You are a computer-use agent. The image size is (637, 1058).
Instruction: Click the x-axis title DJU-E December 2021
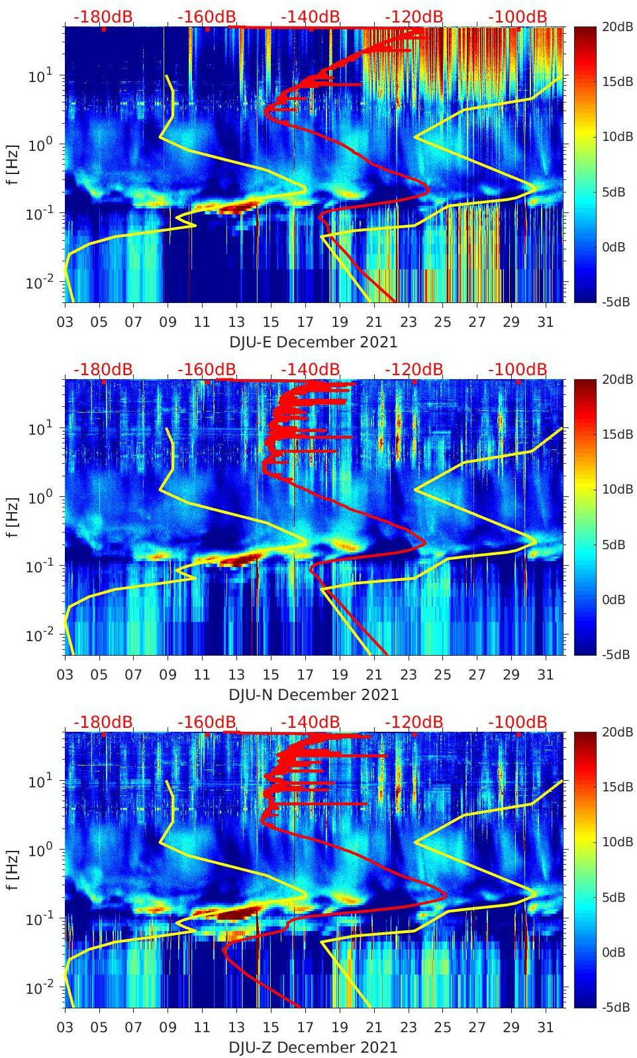(313, 342)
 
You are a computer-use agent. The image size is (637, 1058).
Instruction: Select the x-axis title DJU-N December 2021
(313, 695)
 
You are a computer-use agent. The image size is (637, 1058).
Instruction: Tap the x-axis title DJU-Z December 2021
(313, 1047)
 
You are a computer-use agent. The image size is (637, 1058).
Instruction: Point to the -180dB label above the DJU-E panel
(103, 17)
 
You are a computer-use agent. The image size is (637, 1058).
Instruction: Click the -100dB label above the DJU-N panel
(517, 369)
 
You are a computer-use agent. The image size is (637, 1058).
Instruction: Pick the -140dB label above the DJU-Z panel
(310, 722)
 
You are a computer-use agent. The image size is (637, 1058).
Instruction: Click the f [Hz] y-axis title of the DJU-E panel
(14, 165)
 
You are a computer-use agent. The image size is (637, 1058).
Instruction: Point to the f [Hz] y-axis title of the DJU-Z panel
(14, 870)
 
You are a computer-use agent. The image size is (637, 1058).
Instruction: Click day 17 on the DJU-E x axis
(305, 322)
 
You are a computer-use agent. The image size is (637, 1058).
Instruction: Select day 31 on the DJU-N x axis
(545, 675)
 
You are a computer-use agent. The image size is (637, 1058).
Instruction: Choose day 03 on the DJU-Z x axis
(65, 1028)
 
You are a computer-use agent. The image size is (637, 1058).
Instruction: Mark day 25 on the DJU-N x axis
(442, 675)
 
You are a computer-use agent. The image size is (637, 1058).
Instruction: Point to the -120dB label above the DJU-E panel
(414, 17)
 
